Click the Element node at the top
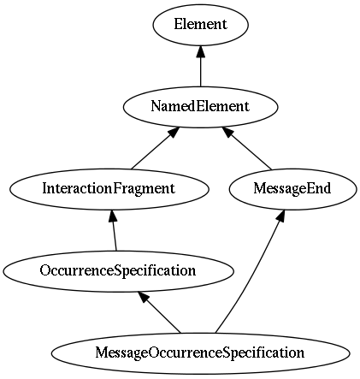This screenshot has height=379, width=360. click(x=200, y=25)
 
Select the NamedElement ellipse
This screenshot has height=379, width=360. click(x=200, y=107)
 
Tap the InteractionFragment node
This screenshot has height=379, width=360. click(x=109, y=189)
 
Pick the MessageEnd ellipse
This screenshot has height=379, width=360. click(x=292, y=189)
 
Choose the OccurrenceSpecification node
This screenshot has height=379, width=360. click(x=119, y=271)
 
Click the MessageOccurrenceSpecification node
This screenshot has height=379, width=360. click(x=200, y=353)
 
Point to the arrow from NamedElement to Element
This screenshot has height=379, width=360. click(x=201, y=66)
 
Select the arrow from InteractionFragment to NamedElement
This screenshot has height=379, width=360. click(x=156, y=148)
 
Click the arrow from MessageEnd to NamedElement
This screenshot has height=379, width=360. click(x=247, y=148)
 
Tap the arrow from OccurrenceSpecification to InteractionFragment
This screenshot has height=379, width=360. click(x=115, y=230)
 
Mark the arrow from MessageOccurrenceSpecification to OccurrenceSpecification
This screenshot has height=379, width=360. click(x=159, y=312)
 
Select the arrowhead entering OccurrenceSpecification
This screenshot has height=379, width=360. click(x=143, y=297)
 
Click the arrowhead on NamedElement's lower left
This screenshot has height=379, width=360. click(x=174, y=132)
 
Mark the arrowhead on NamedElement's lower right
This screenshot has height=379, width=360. click(x=228, y=132)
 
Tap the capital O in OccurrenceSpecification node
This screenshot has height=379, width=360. click(x=44, y=270)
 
